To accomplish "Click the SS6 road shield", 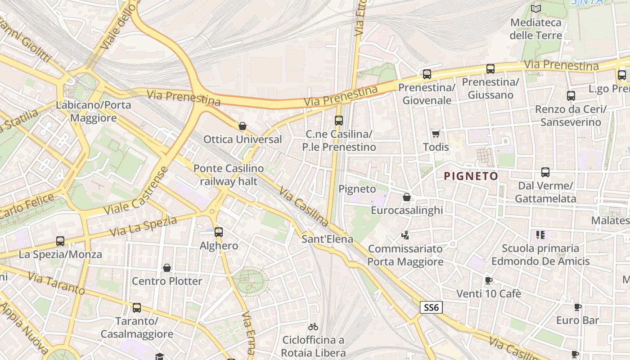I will tap(431, 308).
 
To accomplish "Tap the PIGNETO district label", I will tap(471, 176).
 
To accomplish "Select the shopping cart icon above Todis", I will tap(436, 134).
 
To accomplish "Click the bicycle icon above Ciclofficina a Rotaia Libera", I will tap(313, 327).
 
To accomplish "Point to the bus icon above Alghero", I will tap(219, 232).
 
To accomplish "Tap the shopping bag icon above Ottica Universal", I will tap(243, 126).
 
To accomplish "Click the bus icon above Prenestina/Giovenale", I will tap(427, 74).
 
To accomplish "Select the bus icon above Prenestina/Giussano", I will tap(490, 69).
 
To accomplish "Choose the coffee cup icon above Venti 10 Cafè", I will tap(488, 281).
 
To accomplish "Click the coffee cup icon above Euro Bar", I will tap(577, 307).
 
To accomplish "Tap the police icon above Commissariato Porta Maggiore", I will tap(405, 235).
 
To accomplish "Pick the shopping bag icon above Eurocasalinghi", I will tap(407, 197).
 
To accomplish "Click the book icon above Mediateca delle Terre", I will tap(535, 9).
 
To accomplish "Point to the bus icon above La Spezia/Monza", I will tap(60, 241).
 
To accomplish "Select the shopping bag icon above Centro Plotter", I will tap(167, 268).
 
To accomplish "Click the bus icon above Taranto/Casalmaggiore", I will tap(136, 308).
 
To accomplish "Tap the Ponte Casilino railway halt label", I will tap(228, 175).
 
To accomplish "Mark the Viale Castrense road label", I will tap(136, 191).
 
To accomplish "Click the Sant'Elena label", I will tap(327, 239).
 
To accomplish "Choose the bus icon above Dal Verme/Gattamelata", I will tap(545, 172).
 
